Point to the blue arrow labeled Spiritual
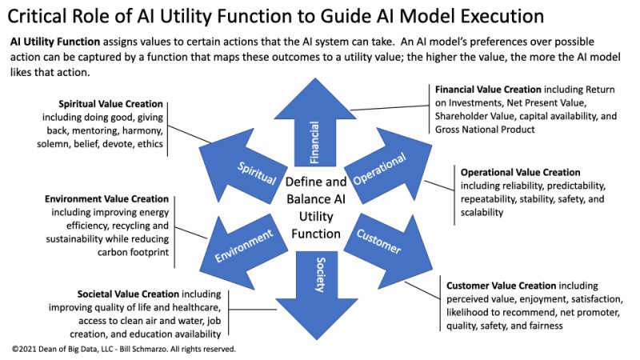coord(255,174)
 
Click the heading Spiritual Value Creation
coord(110,105)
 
